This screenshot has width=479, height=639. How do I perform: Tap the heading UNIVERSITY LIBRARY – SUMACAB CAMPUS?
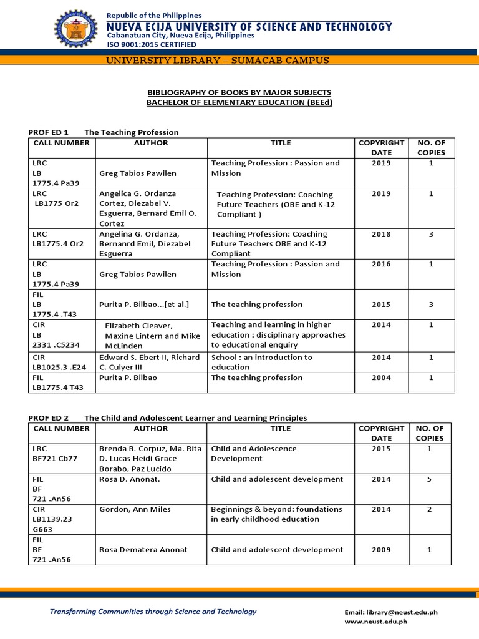point(239,61)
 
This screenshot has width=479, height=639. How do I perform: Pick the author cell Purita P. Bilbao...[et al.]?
point(143,305)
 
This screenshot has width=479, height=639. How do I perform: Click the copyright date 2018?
point(381,234)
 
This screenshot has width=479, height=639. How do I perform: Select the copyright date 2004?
point(381,378)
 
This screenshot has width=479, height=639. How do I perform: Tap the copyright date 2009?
point(381,550)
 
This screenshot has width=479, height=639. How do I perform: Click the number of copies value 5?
point(430,479)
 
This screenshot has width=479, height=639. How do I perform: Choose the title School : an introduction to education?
point(261,363)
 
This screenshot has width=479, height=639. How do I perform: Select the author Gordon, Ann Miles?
point(135,509)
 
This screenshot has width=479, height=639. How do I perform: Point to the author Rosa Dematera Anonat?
point(143,550)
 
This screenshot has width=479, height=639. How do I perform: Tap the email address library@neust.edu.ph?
point(391,612)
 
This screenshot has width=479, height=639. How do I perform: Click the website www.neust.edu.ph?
point(375,622)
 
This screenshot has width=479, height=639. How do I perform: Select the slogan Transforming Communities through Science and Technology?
point(153,612)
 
